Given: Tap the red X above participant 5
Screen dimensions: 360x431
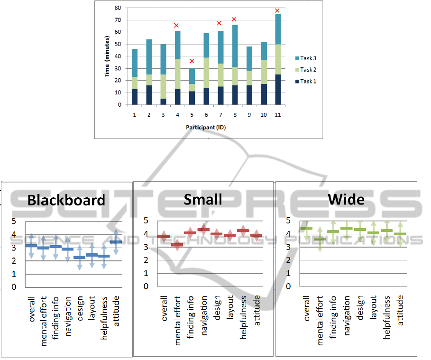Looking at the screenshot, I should [x=192, y=61].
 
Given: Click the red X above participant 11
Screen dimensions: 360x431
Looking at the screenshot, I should [x=277, y=10].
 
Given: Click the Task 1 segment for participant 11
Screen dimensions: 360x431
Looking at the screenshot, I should [x=278, y=89].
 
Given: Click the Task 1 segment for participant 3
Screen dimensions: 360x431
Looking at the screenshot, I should [x=163, y=101].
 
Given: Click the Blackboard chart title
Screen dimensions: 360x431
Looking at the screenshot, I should [x=66, y=200].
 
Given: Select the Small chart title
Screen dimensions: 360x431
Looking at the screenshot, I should [x=203, y=199].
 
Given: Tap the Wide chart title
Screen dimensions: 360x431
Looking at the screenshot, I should [x=346, y=199].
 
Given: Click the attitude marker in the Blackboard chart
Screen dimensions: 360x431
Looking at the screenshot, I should [x=116, y=242].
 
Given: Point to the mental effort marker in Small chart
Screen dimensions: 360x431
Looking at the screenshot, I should [x=177, y=245].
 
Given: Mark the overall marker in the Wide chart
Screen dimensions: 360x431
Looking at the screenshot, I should [x=306, y=228].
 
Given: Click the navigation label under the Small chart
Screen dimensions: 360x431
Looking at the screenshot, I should [x=204, y=310].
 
